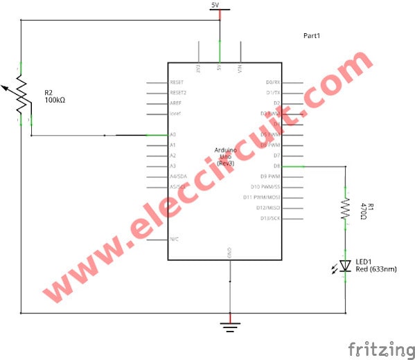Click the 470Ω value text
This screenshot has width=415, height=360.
point(362,211)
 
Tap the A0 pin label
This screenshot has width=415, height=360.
point(173,134)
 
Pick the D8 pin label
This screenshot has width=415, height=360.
point(276,166)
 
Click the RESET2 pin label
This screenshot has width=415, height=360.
point(178,92)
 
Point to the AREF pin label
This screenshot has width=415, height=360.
point(176,102)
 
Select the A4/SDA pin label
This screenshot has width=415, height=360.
point(177,177)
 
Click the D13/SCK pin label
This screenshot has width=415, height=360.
point(270,219)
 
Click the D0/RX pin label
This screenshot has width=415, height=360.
point(272,82)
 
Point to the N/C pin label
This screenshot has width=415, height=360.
point(175,240)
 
